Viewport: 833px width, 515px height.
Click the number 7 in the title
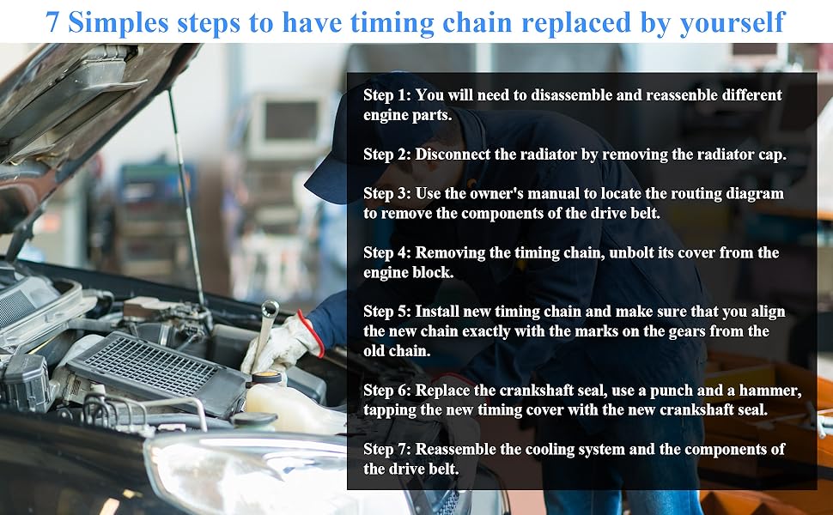pyautogui.click(x=52, y=22)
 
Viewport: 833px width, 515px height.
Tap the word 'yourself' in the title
pyautogui.click(x=732, y=23)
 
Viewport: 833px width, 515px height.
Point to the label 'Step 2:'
pyautogui.click(x=387, y=154)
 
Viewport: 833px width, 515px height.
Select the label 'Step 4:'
pyautogui.click(x=387, y=252)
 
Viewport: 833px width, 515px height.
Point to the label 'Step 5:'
pyautogui.click(x=387, y=312)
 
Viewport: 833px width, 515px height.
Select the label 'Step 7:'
pyautogui.click(x=387, y=449)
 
